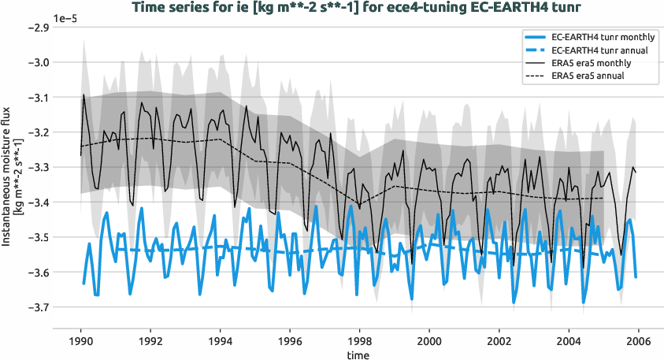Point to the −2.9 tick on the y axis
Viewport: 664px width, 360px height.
tap(38, 28)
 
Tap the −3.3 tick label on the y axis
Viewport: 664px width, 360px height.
tap(38, 167)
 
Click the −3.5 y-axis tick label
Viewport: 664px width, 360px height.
tap(38, 237)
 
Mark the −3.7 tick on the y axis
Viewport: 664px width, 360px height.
tap(38, 307)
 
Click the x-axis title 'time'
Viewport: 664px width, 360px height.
tap(359, 355)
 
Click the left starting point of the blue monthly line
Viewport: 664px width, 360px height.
tap(83, 283)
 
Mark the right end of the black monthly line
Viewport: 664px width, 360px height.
tap(636, 171)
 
